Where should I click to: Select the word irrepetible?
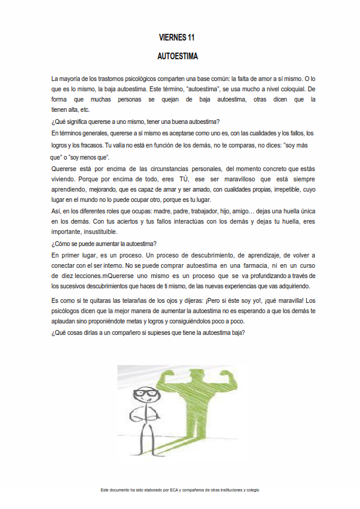tap(275, 190)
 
